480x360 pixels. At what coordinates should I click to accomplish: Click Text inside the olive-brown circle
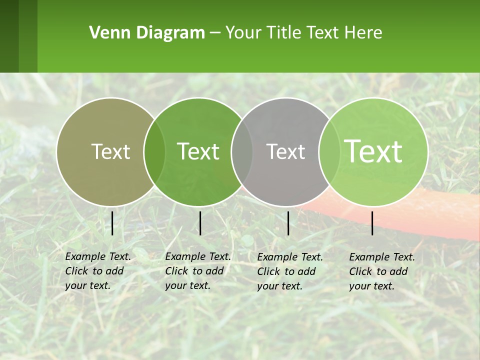pos(110,151)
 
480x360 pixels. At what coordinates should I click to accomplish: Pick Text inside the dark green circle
pos(198,151)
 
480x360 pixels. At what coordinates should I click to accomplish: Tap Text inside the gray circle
pos(285,152)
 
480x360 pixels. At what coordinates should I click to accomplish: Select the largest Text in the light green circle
pos(373,151)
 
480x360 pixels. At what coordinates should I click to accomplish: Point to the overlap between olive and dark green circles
pos(154,151)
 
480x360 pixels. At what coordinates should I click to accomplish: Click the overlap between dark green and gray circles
pos(242,151)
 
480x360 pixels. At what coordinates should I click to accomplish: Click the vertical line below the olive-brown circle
pos(112,223)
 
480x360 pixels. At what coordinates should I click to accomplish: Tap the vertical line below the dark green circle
pos(200,223)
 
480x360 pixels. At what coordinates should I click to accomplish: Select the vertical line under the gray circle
pos(288,223)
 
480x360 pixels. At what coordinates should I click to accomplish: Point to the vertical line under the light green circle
pos(372,223)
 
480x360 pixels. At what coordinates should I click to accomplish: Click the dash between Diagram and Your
pos(214,33)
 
